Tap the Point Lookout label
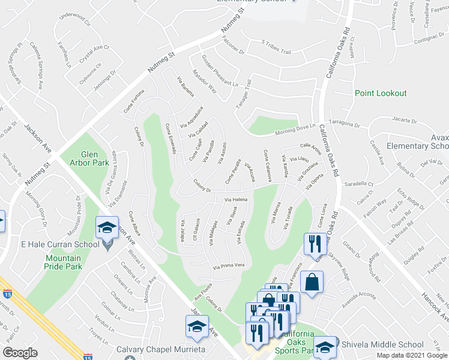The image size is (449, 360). coord(380,93)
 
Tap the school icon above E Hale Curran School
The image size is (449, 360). coord(107,227)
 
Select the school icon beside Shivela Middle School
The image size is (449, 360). coord(325,346)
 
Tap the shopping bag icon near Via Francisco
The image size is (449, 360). coord(313,283)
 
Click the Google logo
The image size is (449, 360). coord(20,353)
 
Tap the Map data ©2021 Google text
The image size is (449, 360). coord(411,355)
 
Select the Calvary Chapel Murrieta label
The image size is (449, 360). coord(152,350)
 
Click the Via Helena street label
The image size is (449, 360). coord(236,199)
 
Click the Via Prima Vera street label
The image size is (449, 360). coord(229,265)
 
